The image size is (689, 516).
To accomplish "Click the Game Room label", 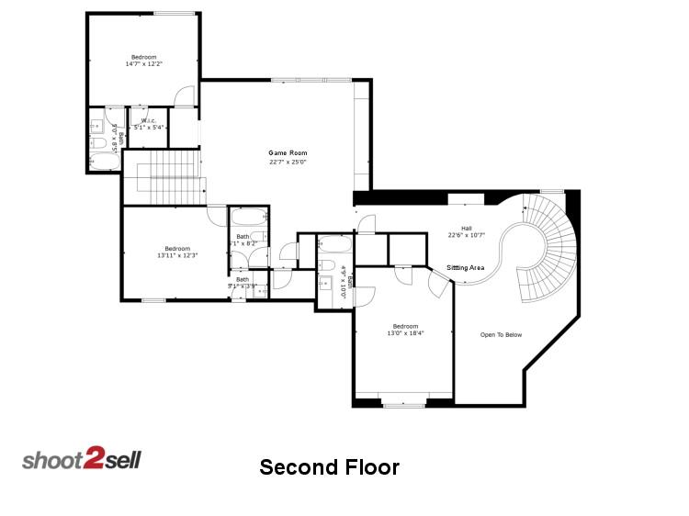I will (x=288, y=153).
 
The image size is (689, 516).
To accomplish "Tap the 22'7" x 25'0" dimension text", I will (x=288, y=163).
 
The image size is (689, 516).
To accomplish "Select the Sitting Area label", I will (x=466, y=267).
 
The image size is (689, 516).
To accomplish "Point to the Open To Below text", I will (x=501, y=334).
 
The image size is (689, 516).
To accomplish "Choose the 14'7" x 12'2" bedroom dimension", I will (x=142, y=64).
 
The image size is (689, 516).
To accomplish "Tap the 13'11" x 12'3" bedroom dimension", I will (x=177, y=254).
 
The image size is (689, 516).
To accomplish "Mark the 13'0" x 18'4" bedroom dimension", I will (x=405, y=333).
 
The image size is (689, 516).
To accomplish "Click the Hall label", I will (x=466, y=228).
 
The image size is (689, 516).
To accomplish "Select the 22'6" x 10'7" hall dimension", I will (x=466, y=236).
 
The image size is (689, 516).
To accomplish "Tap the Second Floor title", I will (x=329, y=467).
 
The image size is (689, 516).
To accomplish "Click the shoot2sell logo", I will (x=82, y=458).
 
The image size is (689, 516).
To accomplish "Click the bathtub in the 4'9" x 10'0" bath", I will (x=333, y=246).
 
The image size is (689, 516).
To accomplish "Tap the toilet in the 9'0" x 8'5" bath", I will (x=98, y=142).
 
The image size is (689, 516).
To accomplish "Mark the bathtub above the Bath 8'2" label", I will (x=246, y=219).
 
